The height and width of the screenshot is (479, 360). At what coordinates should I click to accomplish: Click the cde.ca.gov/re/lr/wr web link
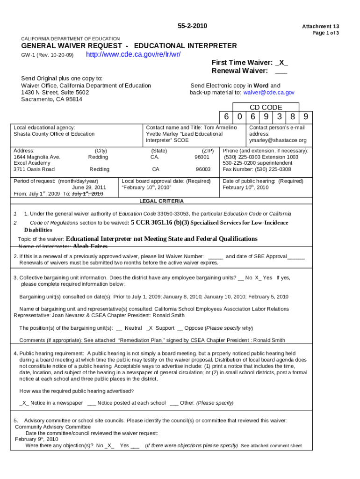[x=133, y=54]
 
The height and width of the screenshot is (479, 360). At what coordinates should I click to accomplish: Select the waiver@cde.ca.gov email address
[x=269, y=93]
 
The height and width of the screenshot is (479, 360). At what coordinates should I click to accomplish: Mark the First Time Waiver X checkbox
[x=281, y=63]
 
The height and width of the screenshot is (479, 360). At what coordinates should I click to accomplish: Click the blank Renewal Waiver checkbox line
[x=281, y=71]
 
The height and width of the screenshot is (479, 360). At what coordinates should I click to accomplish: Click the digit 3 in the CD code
[x=279, y=117]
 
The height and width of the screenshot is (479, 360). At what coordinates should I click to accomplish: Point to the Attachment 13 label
[x=320, y=27]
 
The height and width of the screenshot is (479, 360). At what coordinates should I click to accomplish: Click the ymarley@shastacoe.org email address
[x=278, y=140]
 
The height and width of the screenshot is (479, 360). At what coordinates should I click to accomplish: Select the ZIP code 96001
[x=203, y=157]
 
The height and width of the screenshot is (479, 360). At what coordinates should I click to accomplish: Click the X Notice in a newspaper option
[x=51, y=403]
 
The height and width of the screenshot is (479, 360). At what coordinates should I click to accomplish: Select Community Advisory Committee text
[x=53, y=427]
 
